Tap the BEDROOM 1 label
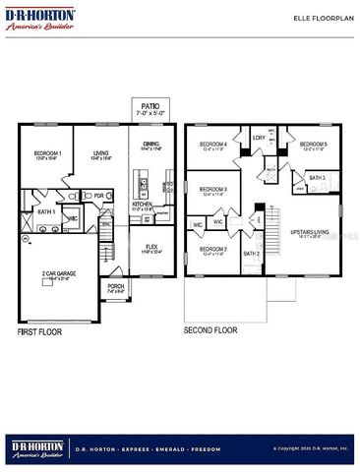point(48,152)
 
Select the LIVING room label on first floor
point(100,152)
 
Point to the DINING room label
point(150,145)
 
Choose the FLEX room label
point(150,246)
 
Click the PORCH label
point(115,287)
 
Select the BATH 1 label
point(45,211)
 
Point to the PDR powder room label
point(99,195)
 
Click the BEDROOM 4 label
point(213,145)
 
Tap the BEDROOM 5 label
point(314,145)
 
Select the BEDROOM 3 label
point(213,189)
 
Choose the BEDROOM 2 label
point(213,249)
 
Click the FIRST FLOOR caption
point(39,332)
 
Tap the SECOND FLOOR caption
point(212,330)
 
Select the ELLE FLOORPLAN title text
point(313,19)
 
